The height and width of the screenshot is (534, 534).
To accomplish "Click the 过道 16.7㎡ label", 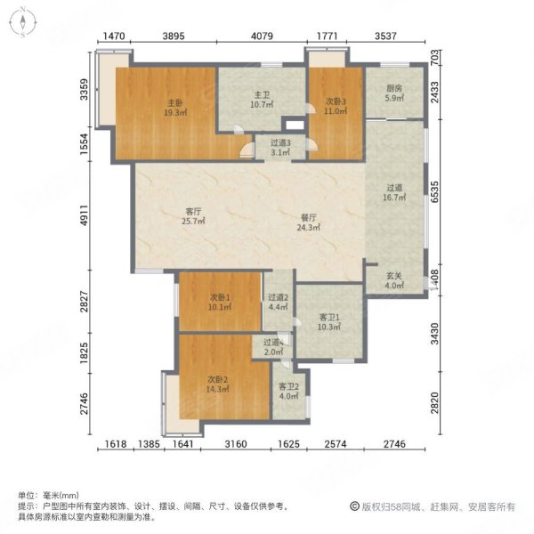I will (x=395, y=194).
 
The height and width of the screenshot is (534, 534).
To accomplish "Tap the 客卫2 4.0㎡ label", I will (x=288, y=392).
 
